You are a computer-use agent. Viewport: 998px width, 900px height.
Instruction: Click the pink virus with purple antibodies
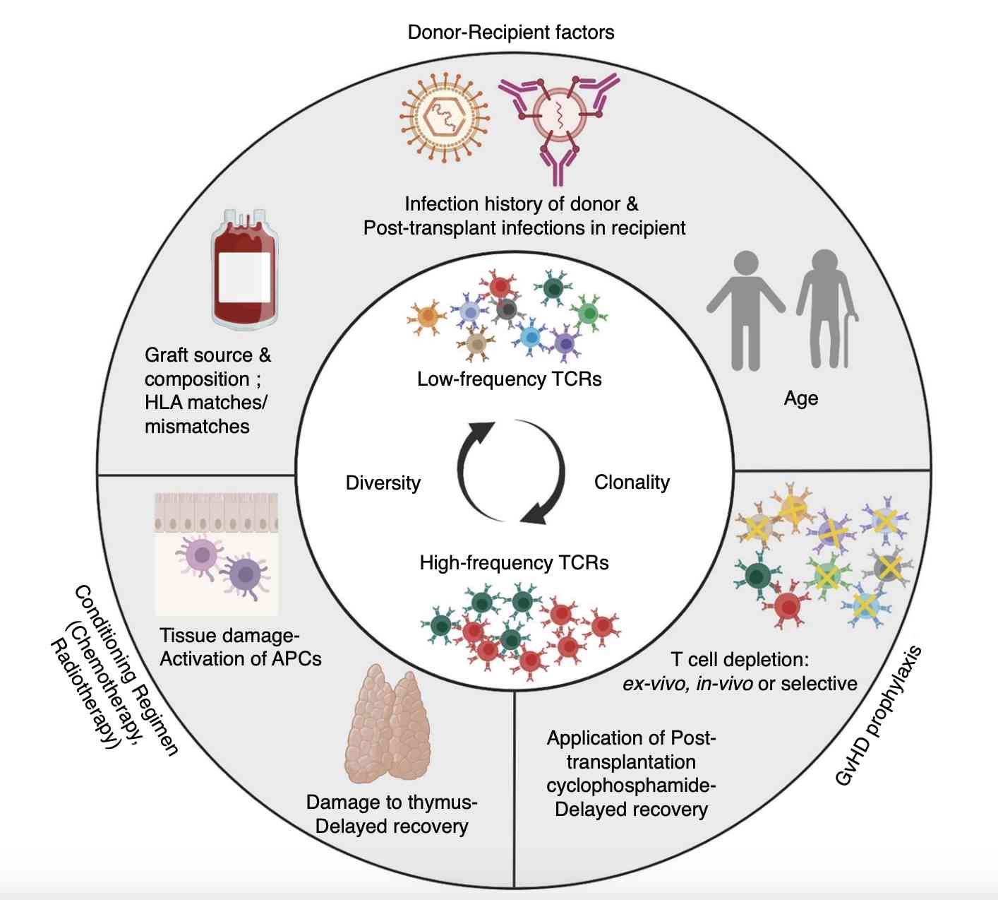[x=559, y=117]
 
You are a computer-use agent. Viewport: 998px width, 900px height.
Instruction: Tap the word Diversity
[x=383, y=483]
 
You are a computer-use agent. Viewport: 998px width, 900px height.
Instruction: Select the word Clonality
[x=632, y=482]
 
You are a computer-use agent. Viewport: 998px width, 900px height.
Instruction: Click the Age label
[x=801, y=398]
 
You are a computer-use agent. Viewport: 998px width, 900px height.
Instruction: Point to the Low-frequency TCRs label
[x=509, y=379]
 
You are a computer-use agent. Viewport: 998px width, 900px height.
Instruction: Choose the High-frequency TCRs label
[x=514, y=563]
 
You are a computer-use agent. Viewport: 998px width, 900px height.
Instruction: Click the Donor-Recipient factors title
[x=511, y=32]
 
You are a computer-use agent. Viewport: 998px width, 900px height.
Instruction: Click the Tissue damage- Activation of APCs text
[x=240, y=647]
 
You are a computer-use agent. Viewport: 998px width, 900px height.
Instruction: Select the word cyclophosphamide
[x=631, y=786]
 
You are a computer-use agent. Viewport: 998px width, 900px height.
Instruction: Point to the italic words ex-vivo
[x=656, y=684]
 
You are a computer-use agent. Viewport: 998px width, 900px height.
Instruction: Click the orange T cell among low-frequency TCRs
[x=426, y=319]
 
